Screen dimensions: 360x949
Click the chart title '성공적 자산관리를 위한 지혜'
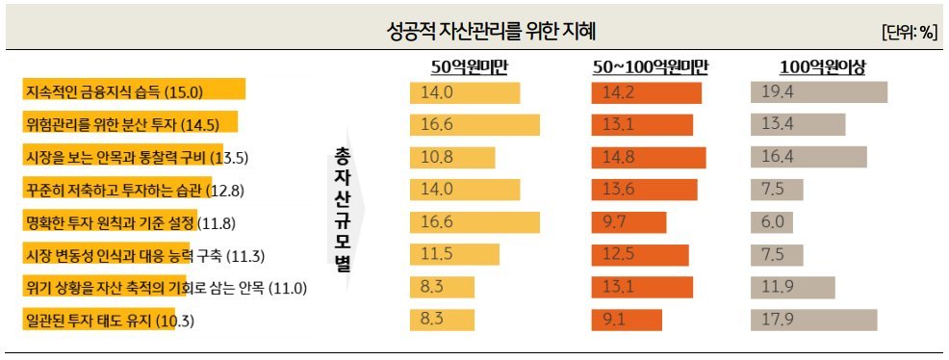pyautogui.click(x=474, y=31)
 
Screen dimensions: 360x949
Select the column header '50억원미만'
pyautogui.click(x=470, y=66)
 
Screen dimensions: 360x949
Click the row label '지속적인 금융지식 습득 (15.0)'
pyautogui.click(x=115, y=91)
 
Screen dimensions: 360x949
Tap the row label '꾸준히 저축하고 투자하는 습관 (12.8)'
pyautogui.click(x=119, y=190)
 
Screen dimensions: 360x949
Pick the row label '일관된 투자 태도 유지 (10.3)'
pyautogui.click(x=100, y=321)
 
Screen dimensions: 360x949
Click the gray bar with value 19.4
pyautogui.click(x=818, y=92)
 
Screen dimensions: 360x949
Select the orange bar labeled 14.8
pyautogui.click(x=649, y=157)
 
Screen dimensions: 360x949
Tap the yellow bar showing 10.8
pyautogui.click(x=451, y=157)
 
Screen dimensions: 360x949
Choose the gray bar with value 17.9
pyautogui.click(x=814, y=321)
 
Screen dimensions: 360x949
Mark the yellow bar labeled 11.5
pyautogui.click(x=457, y=255)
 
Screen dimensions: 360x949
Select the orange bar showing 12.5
pyautogui.click(x=640, y=255)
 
